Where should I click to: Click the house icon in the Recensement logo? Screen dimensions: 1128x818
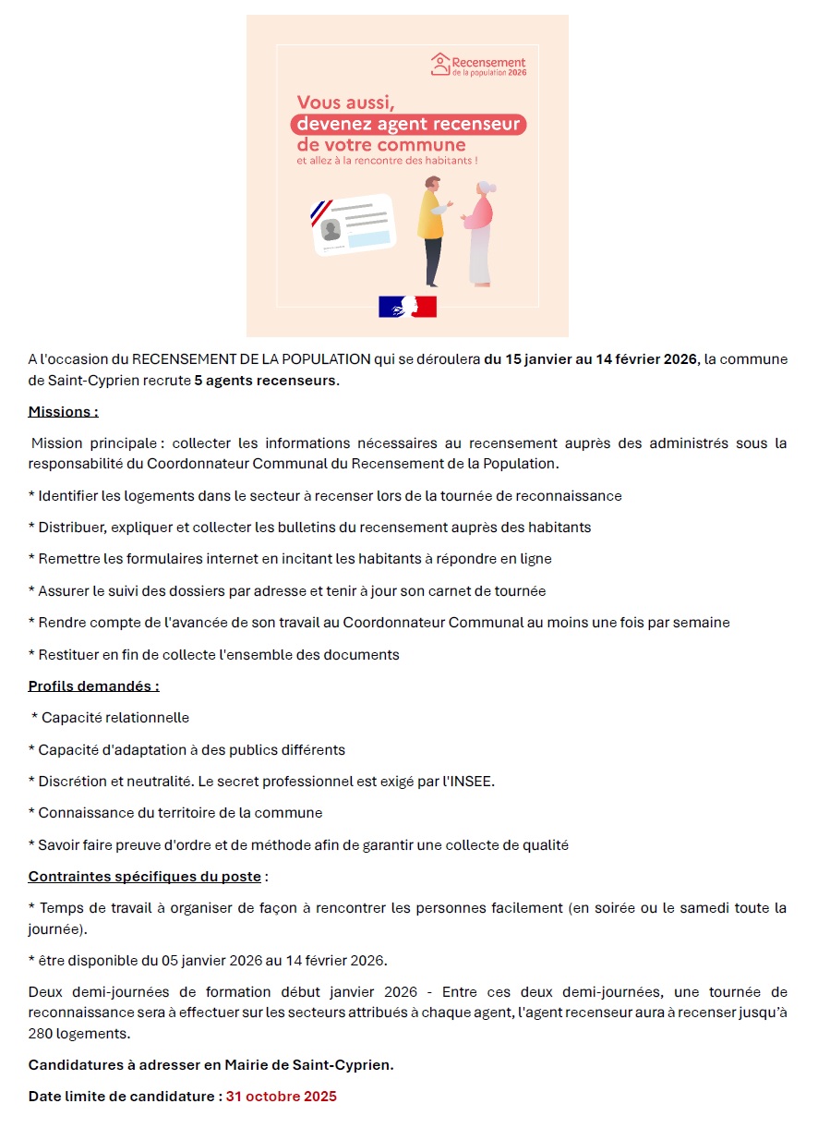[x=440, y=64]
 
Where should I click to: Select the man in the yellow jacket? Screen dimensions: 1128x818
[x=430, y=231]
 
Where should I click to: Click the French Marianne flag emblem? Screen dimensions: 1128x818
[x=407, y=306]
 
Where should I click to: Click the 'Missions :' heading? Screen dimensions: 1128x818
[x=63, y=411]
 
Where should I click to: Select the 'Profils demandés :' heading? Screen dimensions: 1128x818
[x=93, y=685]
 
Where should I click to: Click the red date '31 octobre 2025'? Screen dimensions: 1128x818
[x=281, y=1097]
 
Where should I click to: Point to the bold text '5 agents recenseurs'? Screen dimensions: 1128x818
[x=265, y=381]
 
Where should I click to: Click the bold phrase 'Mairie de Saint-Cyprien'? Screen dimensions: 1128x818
[x=311, y=1064]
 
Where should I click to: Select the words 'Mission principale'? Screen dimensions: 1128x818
[x=91, y=443]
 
